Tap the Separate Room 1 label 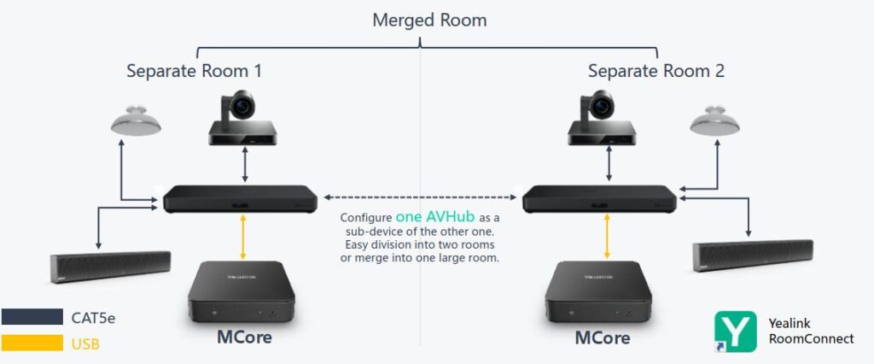(194, 71)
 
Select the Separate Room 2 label (655, 71)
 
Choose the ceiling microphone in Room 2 (714, 121)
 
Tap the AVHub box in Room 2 (600, 199)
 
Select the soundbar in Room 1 (111, 267)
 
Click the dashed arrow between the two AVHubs (419, 198)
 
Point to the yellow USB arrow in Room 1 (246, 237)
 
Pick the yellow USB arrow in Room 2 (606, 237)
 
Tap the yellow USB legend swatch (32, 343)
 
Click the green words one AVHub (435, 217)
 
